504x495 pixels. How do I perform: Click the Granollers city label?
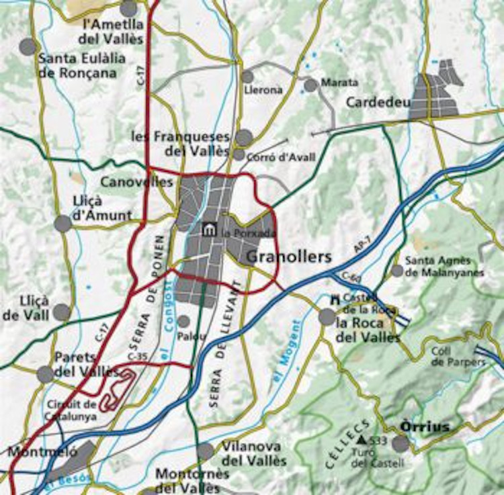tap(290, 257)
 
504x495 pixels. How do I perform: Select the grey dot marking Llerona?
tap(247, 77)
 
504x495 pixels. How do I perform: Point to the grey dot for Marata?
tap(310, 85)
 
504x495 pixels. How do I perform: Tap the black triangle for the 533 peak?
tap(362, 440)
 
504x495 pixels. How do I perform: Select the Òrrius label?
tap(424, 426)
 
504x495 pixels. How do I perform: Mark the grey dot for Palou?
tap(183, 322)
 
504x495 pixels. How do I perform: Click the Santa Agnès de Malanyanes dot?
tap(397, 271)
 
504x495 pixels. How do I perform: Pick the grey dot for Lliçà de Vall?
tap(62, 312)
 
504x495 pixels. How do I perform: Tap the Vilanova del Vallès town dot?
tap(206, 451)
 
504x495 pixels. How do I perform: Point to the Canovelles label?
tap(136, 182)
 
